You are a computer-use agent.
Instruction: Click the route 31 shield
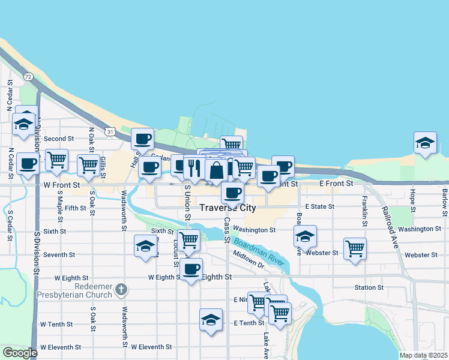click(x=109, y=131)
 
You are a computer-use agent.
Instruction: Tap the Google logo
click(x=19, y=353)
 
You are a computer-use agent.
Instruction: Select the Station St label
click(x=369, y=288)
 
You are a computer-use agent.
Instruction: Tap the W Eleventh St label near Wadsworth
click(x=151, y=347)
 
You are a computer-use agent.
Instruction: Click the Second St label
click(x=58, y=139)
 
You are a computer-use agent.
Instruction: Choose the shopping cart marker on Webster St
click(x=355, y=247)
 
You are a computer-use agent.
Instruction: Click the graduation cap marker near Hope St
click(x=425, y=143)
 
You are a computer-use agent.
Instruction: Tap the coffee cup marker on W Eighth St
click(x=191, y=268)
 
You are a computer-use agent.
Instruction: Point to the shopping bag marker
click(x=216, y=170)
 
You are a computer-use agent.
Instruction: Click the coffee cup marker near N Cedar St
click(x=28, y=163)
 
